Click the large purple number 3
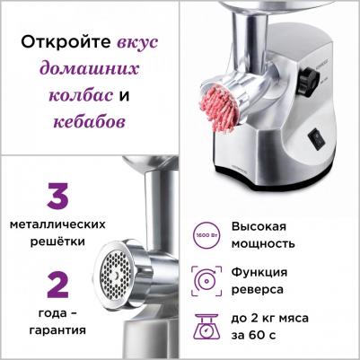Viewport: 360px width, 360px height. coord(57,198)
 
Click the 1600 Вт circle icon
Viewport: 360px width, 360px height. coord(204,235)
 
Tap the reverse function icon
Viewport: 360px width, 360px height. coord(204,280)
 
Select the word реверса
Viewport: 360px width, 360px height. coord(257,289)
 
